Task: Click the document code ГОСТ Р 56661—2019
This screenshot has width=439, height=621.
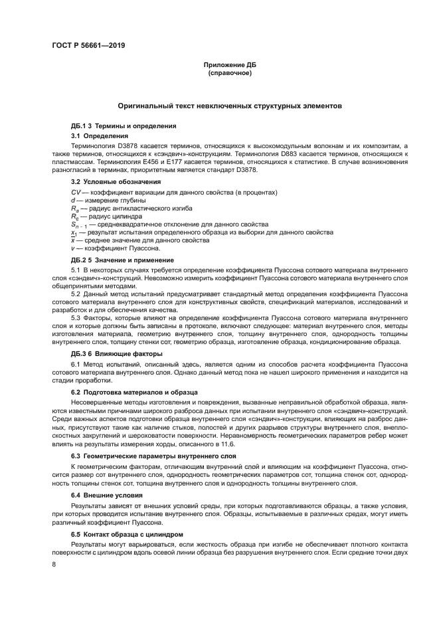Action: (x=88, y=46)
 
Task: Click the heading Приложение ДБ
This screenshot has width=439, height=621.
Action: (x=229, y=64)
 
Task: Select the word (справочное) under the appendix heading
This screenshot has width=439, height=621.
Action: (x=229, y=72)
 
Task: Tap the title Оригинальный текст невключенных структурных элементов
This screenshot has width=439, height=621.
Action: (x=229, y=106)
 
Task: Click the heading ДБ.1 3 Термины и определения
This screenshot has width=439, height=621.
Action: (x=124, y=126)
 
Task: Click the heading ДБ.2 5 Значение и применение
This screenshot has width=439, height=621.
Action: (x=123, y=260)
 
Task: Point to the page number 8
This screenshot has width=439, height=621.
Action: (x=54, y=563)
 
